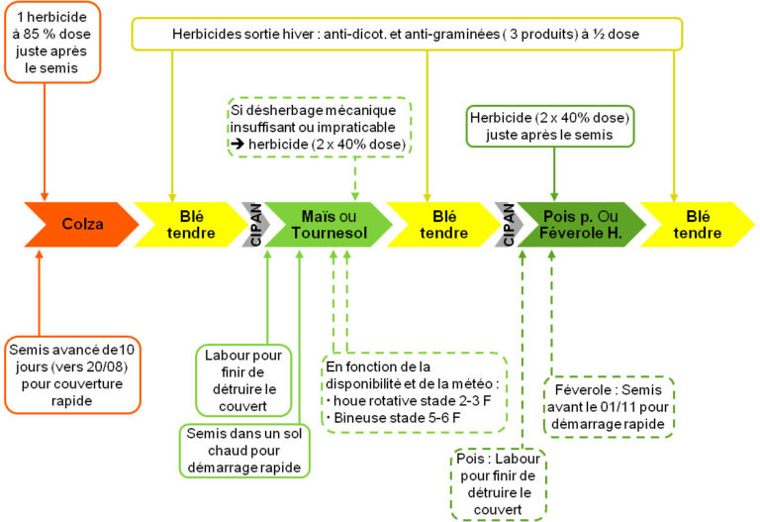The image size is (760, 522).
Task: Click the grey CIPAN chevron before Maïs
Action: click(x=255, y=224)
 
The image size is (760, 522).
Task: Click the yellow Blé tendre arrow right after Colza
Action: click(x=187, y=224)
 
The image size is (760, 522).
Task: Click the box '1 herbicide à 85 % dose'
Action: click(x=45, y=43)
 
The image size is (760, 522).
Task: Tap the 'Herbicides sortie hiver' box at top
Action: click(x=407, y=34)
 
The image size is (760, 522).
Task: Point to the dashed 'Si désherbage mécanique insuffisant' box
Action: click(x=320, y=126)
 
